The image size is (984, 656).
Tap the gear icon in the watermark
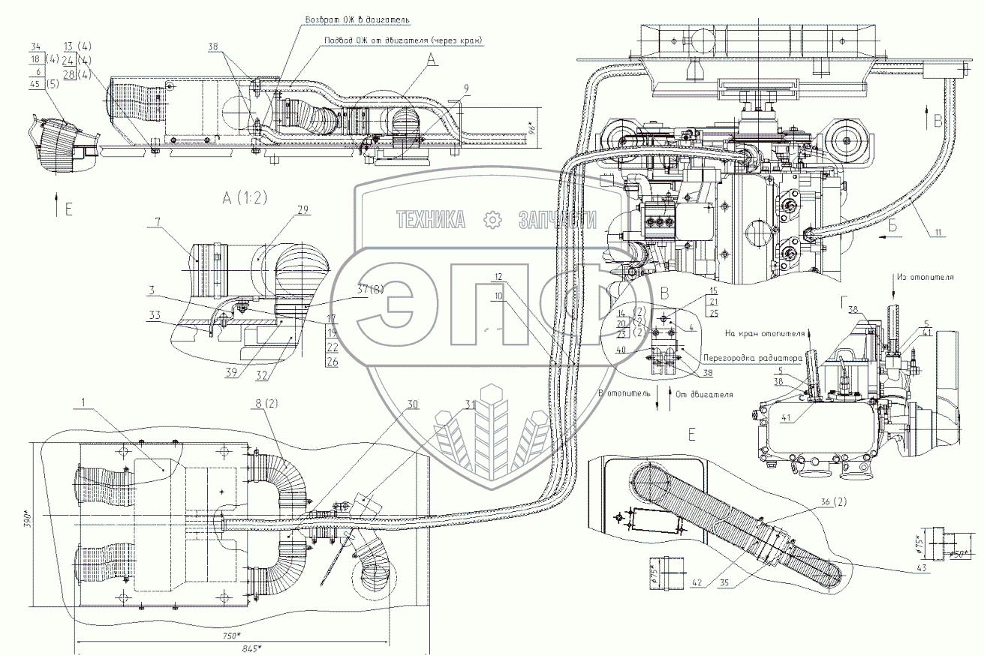click(492, 219)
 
